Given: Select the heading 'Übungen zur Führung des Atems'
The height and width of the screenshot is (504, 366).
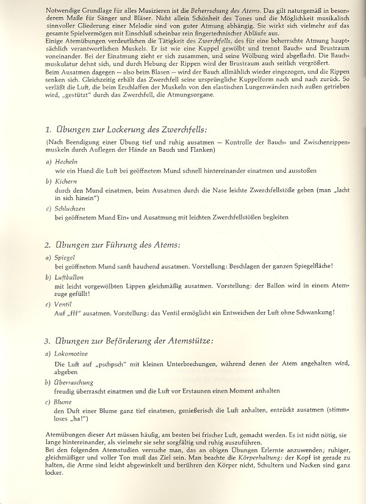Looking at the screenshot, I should tap(116, 245).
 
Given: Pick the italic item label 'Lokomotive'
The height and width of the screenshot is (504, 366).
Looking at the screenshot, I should tap(71, 354).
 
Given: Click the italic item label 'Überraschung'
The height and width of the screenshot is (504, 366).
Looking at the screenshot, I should tap(75, 382).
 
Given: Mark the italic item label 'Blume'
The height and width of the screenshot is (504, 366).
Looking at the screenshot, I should tap(64, 401).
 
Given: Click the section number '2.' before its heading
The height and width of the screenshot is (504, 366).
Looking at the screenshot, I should tap(48, 245).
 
